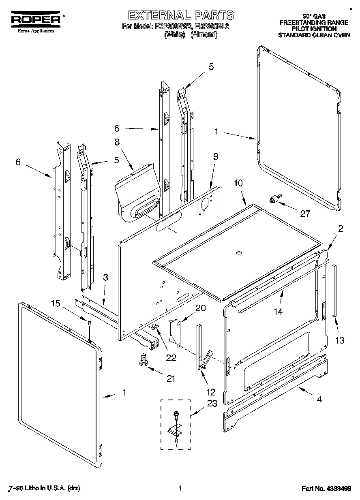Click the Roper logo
click(35, 19)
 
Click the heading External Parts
click(181, 15)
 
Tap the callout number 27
click(305, 214)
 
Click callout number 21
click(171, 378)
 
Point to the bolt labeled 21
click(143, 359)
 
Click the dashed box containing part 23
click(176, 424)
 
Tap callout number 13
click(339, 340)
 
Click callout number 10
click(238, 183)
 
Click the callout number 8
click(117, 142)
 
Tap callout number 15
click(56, 303)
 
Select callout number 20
click(200, 308)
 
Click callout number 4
click(320, 400)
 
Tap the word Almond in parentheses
click(204, 35)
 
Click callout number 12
click(211, 392)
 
